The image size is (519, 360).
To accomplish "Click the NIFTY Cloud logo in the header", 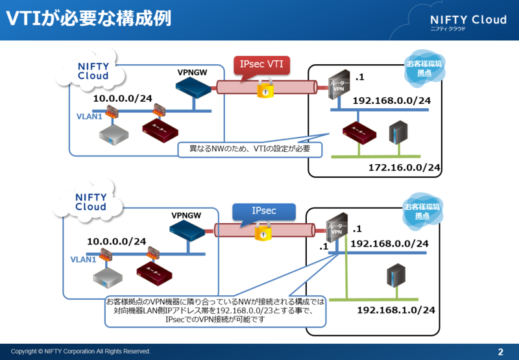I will click(468, 21).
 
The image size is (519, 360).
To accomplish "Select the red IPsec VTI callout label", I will click(261, 65).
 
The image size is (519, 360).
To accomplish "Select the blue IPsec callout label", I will click(263, 212).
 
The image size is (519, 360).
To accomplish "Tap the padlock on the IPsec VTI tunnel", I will click(264, 89).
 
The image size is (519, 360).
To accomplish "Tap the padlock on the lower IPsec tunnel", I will click(263, 232).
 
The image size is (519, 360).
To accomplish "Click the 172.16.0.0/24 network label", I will click(405, 168).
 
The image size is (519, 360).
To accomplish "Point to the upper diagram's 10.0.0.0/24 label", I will click(123, 99).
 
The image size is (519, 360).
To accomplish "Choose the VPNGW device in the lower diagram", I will click(187, 230).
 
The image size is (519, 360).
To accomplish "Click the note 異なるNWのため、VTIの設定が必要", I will click(250, 149).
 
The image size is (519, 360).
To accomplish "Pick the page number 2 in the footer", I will click(500, 352).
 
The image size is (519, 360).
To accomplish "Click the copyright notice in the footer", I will click(80, 352).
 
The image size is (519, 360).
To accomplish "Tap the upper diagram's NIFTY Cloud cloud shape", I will click(93, 71).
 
